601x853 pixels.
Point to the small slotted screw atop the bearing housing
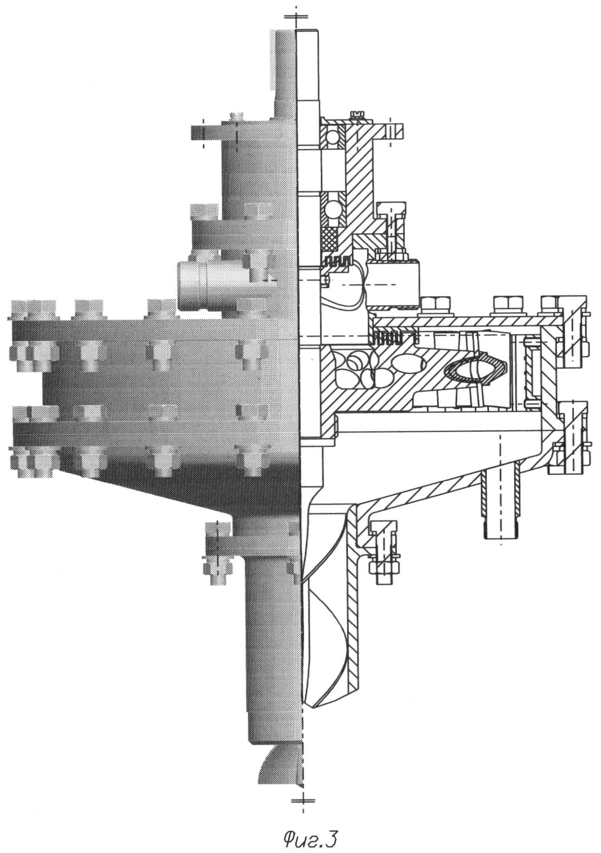click(x=357, y=115)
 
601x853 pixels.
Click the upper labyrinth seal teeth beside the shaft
click(x=338, y=261)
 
